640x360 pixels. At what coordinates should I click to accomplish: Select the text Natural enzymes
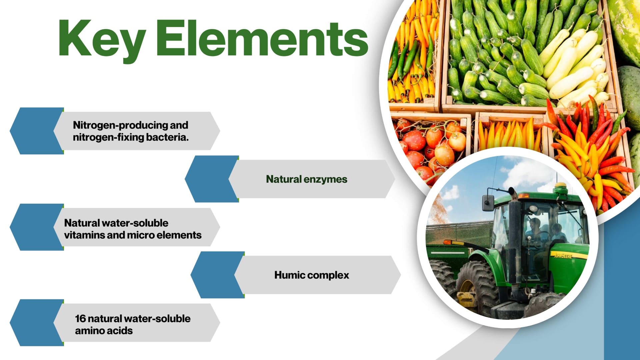(307, 179)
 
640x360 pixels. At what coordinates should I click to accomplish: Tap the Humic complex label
(312, 275)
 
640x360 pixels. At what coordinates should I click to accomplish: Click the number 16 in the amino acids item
(80, 319)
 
